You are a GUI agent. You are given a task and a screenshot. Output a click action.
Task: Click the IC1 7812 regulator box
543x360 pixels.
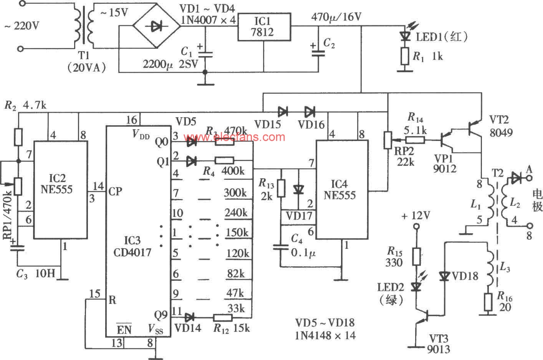[x=264, y=27]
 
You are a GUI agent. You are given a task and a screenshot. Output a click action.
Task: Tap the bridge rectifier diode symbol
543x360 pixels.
[x=156, y=26]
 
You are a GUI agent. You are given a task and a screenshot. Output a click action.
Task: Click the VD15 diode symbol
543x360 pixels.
[x=283, y=112]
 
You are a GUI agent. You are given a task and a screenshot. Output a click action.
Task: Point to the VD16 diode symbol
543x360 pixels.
[x=310, y=112]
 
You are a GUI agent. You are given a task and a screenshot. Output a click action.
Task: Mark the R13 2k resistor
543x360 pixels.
[x=281, y=188]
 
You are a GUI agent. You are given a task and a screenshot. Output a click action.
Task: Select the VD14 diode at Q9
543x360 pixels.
[x=189, y=317]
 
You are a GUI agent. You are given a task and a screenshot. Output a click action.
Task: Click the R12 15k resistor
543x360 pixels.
[x=223, y=318]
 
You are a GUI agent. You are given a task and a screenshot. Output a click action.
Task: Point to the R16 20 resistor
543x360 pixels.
[x=488, y=302]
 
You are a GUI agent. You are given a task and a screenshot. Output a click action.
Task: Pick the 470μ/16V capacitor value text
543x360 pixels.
[x=336, y=17]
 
